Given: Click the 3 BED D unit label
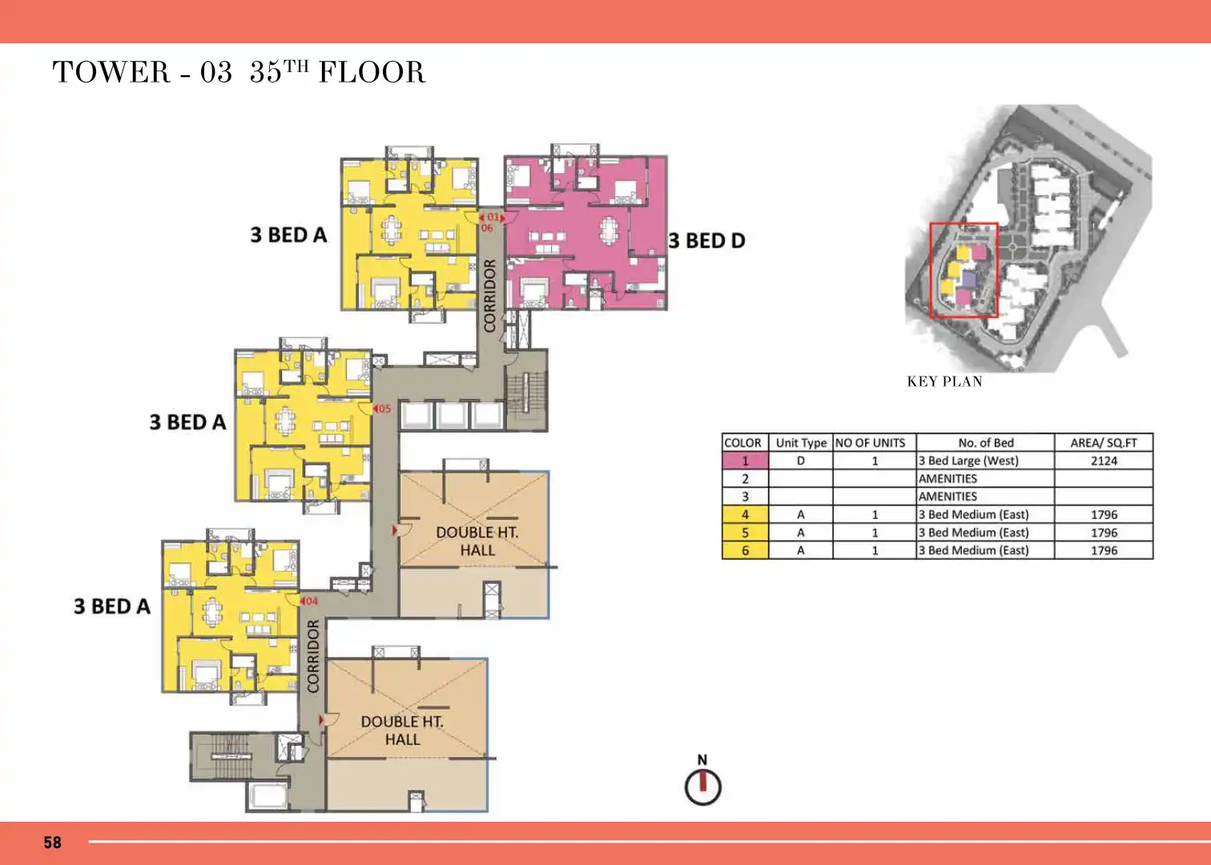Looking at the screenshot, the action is click(706, 240).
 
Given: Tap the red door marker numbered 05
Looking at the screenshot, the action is click(382, 408).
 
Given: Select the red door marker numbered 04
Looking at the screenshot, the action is click(309, 601).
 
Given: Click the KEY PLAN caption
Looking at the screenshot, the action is click(944, 382).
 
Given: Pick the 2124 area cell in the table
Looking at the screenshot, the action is click(1104, 461).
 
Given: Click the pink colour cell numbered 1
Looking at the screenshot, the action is click(745, 461).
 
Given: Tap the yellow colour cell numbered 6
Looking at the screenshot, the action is click(745, 550).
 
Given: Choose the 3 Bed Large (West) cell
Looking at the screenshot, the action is click(968, 461).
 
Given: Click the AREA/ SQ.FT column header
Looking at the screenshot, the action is click(1104, 443).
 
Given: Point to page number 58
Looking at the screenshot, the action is click(52, 843).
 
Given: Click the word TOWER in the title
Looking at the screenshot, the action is click(111, 72).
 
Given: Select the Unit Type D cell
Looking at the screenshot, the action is click(801, 461).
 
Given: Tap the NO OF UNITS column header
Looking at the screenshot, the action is click(870, 443).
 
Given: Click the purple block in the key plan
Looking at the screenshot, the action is click(969, 279).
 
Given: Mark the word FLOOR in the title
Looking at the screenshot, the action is click(372, 72).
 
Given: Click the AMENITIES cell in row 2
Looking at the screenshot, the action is click(947, 479).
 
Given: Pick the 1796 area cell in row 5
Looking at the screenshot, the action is click(1104, 533).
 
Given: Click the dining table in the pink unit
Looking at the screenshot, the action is click(610, 229).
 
